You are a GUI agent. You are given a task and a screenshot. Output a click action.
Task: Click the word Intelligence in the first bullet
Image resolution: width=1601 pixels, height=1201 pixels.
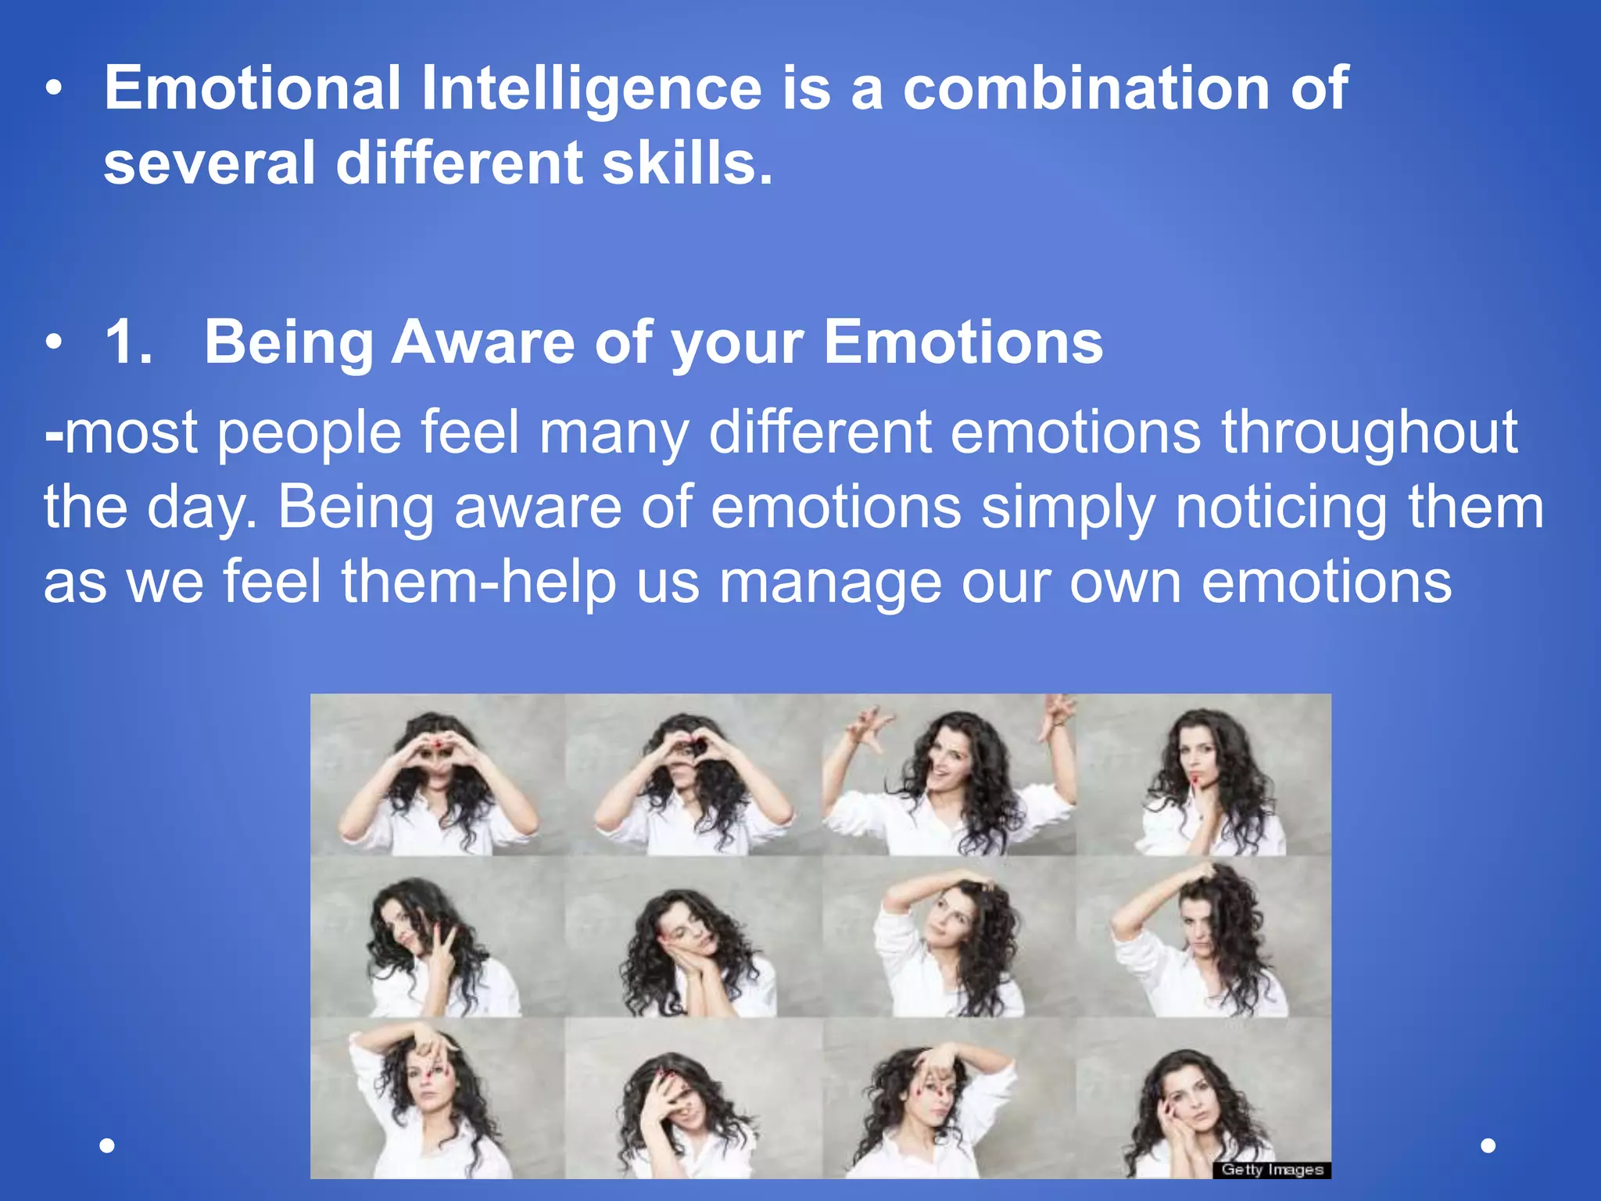tap(591, 88)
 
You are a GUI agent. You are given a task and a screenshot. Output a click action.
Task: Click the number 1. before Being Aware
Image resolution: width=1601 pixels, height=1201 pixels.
tap(129, 342)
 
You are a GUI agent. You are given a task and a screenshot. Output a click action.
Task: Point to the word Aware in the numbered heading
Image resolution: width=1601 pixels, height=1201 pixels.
tap(483, 342)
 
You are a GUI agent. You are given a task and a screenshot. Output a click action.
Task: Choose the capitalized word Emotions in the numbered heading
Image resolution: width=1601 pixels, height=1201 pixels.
tap(963, 342)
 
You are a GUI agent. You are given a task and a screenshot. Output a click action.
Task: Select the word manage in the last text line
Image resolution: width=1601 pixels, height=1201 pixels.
tap(830, 583)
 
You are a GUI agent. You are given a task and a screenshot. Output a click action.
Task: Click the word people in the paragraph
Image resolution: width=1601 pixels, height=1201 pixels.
tap(309, 432)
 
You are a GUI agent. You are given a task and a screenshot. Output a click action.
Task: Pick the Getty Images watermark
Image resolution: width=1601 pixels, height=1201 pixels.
tap(1272, 1170)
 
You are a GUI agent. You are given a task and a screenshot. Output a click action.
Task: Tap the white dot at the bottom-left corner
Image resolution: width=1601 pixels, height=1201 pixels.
tap(108, 1145)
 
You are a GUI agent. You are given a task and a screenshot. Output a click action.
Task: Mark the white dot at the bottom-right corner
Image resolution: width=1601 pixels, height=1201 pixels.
tap(1488, 1145)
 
